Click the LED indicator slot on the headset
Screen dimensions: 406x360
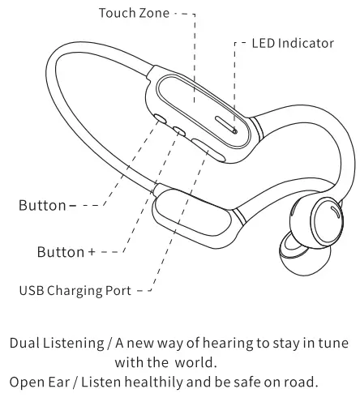[227, 125]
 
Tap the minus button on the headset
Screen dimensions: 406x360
[160, 119]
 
